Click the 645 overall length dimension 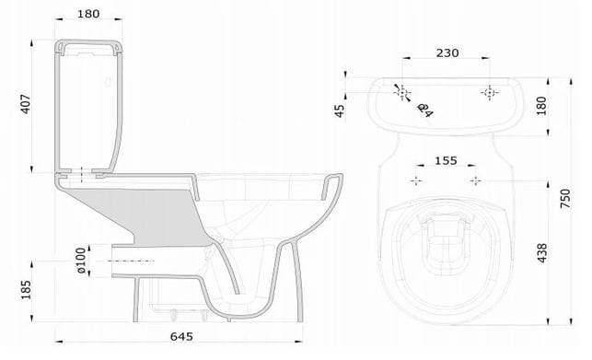click(181, 336)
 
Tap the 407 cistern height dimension click(26, 104)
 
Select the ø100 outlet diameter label click(81, 261)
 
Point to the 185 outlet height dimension click(26, 290)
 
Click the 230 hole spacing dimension click(447, 52)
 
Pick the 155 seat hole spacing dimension click(446, 160)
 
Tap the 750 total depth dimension click(565, 198)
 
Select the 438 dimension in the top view click(541, 252)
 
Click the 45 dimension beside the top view click(340, 110)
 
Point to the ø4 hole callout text click(425, 110)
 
